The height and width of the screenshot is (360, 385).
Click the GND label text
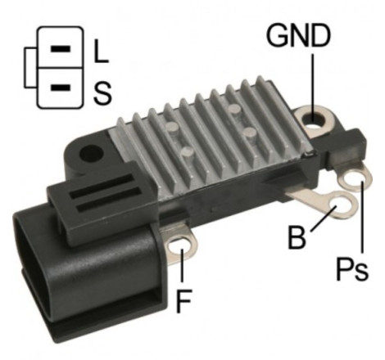(298, 35)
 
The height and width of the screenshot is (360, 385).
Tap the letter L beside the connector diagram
(101, 51)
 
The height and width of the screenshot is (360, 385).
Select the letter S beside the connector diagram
(102, 93)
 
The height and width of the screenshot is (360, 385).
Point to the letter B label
(297, 237)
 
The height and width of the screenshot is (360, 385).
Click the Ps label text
(351, 269)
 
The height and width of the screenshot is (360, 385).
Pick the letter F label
(184, 301)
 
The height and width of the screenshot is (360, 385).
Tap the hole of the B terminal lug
(340, 206)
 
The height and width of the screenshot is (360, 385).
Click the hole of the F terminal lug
(179, 245)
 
